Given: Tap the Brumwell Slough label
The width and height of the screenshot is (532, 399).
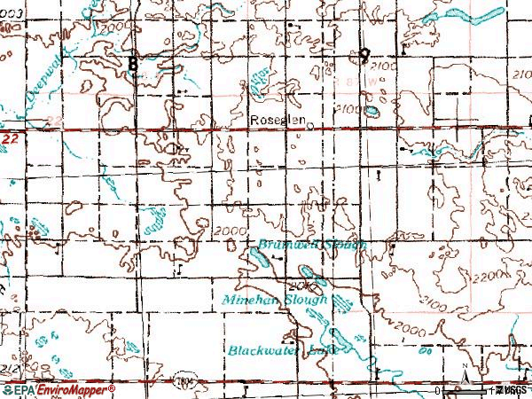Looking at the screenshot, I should (x=307, y=244).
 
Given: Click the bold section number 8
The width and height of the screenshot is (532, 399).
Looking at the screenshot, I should (x=133, y=63).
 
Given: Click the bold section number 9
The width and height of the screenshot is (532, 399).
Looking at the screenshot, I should (x=364, y=55).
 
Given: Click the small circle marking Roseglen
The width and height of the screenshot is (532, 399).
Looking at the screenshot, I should (x=310, y=125).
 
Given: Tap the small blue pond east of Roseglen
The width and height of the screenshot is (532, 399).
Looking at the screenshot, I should (x=372, y=112).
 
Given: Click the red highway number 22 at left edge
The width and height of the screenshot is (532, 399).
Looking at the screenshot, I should (x=9, y=140).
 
